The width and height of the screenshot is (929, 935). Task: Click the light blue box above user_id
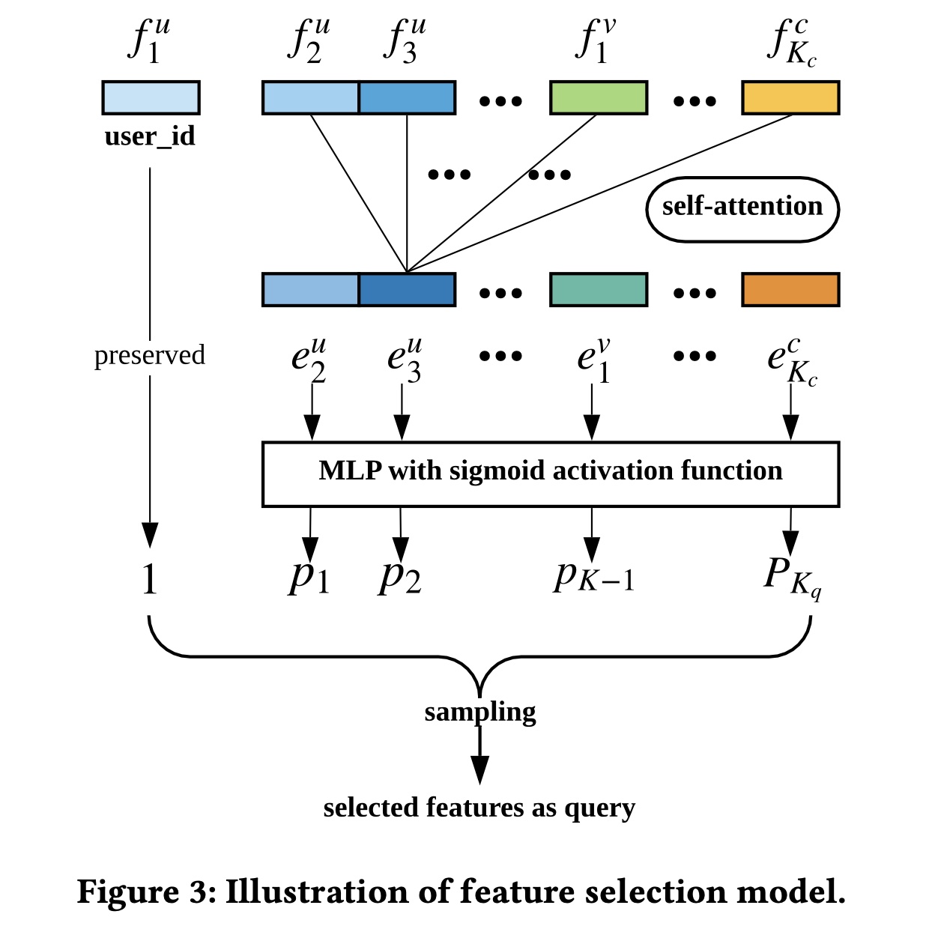point(151,97)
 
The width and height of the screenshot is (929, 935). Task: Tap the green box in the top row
point(598,97)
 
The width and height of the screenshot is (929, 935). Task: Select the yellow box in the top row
point(790,97)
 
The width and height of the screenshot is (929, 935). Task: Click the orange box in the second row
point(790,290)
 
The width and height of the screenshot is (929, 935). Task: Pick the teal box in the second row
point(598,290)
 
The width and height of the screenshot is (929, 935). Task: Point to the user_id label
point(150,136)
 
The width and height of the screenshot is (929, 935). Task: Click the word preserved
point(150,355)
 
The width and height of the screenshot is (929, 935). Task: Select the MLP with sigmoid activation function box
point(550,473)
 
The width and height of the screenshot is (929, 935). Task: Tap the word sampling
point(480,712)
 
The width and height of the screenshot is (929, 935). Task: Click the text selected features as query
point(479,808)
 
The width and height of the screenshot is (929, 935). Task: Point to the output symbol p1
point(309,577)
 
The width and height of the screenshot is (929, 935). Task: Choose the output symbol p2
point(400,577)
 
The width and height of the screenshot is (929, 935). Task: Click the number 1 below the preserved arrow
point(150,579)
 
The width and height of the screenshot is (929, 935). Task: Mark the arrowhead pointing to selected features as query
point(479,770)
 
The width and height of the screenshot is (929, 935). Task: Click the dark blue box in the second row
point(407,290)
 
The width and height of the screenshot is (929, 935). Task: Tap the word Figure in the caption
point(127,892)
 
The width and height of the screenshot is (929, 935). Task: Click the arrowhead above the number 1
point(150,535)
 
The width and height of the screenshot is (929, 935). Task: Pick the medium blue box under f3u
point(407,97)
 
